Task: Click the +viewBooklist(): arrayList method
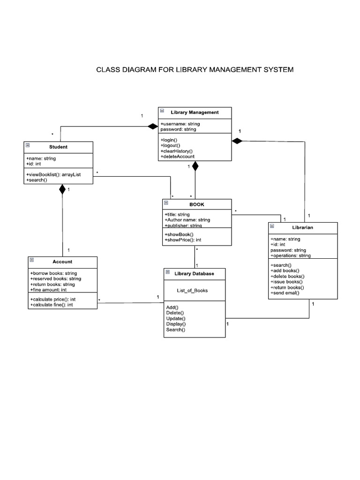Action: (53, 174)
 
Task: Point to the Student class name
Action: (58, 147)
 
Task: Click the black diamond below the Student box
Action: (62, 190)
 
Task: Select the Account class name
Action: (63, 262)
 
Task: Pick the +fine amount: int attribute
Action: (48, 290)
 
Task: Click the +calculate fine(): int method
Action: (52, 305)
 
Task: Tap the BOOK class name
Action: (197, 204)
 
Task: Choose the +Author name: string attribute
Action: (187, 220)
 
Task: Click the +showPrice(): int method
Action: (183, 240)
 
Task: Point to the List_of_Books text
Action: (192, 290)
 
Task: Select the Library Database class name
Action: (194, 273)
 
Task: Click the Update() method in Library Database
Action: (176, 318)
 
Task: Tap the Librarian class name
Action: (302, 227)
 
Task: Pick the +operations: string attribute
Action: (290, 256)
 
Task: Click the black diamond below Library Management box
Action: (195, 166)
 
